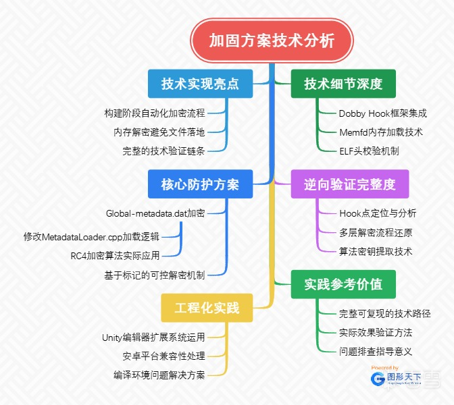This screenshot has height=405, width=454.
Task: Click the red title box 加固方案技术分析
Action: coord(272,41)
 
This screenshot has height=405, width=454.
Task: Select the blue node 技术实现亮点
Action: coord(200,84)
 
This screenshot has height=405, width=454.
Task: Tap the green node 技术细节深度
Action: coord(343,84)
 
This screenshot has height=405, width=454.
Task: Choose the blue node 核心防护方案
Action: coord(200,184)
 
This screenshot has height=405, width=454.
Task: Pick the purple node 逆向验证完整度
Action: coord(349,184)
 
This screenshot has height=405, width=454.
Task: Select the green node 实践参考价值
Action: coord(343,284)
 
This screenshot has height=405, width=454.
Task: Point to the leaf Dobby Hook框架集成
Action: coord(382,113)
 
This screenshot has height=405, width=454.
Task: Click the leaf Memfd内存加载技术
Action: coord(380,132)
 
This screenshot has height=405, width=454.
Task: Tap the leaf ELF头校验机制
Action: coord(369,151)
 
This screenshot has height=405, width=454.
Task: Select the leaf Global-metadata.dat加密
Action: coord(155,213)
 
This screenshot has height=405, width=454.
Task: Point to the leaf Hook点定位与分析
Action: coord(378,213)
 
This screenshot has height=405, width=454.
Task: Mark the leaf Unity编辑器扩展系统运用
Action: coord(153,337)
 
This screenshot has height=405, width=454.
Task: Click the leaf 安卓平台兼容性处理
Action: coord(163,356)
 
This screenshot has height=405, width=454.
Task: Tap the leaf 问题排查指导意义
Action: coord(375,351)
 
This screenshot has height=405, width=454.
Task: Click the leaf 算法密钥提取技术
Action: coord(375,251)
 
